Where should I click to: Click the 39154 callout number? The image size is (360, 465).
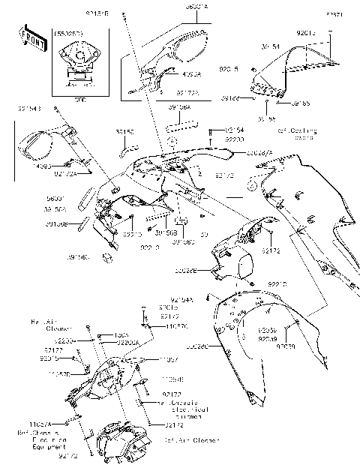pyautogui.click(x=271, y=46)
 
